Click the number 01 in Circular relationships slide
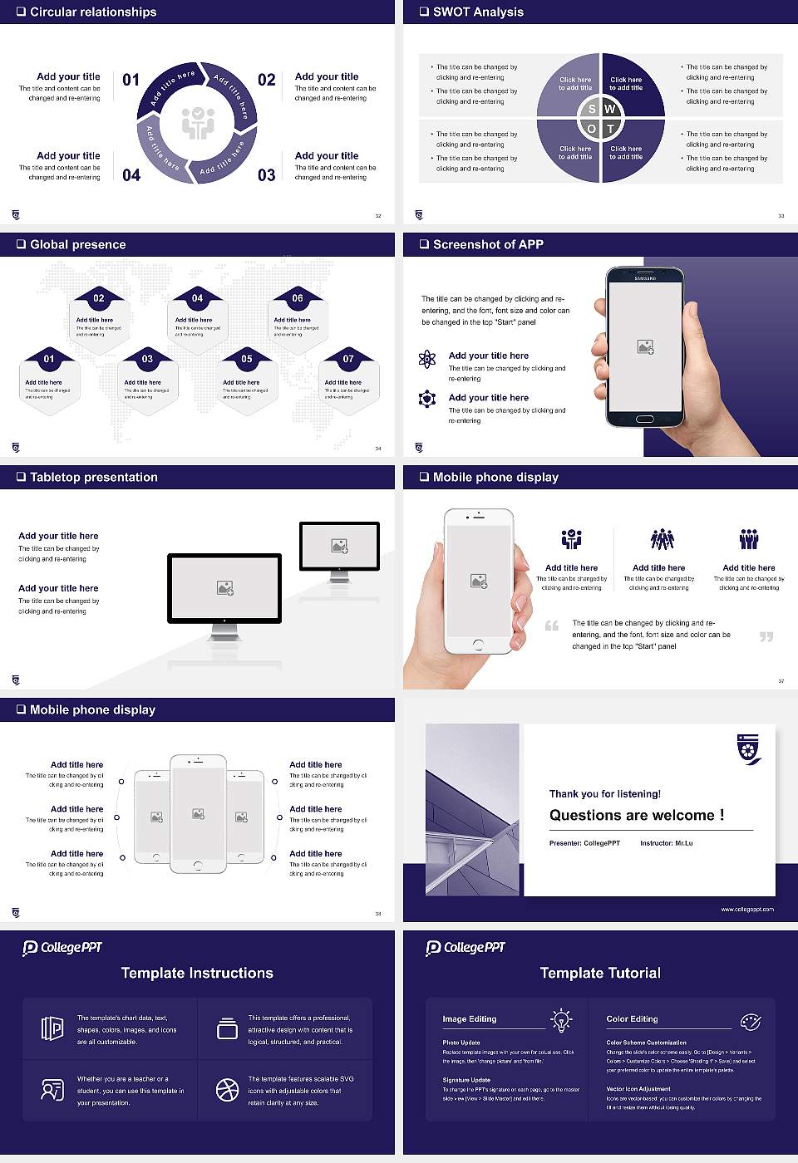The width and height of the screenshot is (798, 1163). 131,80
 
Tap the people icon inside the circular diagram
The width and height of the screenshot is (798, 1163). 198,123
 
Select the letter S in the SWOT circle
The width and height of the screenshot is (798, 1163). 592,109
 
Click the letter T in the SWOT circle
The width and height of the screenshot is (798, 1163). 610,129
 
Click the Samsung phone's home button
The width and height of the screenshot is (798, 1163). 645,420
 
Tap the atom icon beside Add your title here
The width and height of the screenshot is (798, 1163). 427,359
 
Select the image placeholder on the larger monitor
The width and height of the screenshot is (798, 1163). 224,588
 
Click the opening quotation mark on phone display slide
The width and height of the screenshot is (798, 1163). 551,626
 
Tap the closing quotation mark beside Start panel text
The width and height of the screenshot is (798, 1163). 766,636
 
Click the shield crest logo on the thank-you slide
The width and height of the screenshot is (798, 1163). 749,748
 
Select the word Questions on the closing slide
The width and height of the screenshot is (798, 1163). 584,815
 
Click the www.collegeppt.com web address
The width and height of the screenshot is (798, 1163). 746,909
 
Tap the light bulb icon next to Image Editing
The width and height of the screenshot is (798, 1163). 561,1019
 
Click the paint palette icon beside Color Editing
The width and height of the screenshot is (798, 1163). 750,1021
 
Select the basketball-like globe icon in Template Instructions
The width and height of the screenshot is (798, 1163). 227,1090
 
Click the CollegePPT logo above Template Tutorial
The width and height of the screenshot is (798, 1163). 465,948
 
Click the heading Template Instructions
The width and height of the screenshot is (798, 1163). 197,973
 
